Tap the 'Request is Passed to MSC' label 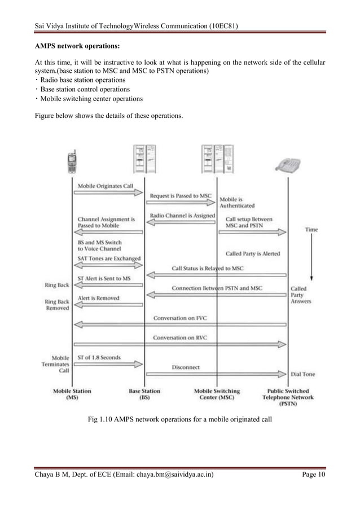pyautogui.click(x=181, y=195)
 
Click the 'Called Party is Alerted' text pyautogui.click(x=253, y=253)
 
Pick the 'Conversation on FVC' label pyautogui.click(x=181, y=318)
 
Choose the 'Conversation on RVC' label pyautogui.click(x=181, y=337)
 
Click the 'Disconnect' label pyautogui.click(x=186, y=367)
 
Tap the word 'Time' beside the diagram pyautogui.click(x=311, y=229)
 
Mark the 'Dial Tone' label pyautogui.click(x=303, y=373)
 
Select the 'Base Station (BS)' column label pyautogui.click(x=144, y=394)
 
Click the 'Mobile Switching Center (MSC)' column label pyautogui.click(x=217, y=394)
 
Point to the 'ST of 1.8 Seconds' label pyautogui.click(x=99, y=357)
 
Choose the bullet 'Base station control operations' pyautogui.click(x=84, y=89)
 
